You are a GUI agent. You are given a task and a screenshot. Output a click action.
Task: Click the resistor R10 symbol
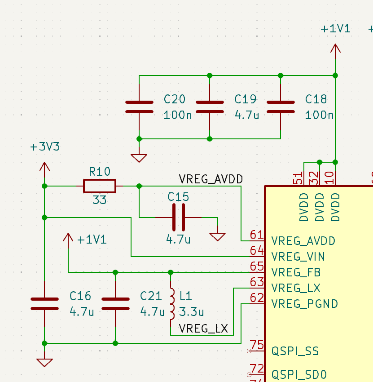pos(99,186)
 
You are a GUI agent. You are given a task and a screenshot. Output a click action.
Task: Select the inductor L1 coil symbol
pos(171,303)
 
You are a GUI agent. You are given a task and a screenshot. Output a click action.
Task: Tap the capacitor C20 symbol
pos(139,107)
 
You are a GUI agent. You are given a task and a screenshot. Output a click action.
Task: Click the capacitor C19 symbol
pos(210,107)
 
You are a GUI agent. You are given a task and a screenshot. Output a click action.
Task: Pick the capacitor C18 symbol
pos(281,107)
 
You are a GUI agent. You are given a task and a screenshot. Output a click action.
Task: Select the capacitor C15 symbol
pos(178,218)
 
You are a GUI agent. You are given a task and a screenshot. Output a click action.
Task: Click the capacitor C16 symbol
pos(44,304)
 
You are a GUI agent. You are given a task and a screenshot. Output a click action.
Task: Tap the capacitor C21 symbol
pos(115,304)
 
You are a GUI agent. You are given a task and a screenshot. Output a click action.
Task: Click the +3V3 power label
pos(44,147)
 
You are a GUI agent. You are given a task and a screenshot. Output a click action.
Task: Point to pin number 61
pos(256,235)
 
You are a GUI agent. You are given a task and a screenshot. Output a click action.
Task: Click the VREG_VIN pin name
pos(298,257)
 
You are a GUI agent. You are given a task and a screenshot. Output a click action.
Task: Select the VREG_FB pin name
pos(296,272)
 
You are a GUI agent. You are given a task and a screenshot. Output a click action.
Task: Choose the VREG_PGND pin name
pos(304,304)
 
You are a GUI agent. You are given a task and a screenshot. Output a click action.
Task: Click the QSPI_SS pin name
pos(295,351)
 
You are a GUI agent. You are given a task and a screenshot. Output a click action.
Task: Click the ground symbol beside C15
pos(218,235)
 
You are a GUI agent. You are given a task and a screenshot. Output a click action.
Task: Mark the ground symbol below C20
pos(139,157)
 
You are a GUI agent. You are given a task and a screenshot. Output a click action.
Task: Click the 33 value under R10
pos(99,200)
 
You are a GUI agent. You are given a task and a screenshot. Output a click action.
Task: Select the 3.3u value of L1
pos(192,311)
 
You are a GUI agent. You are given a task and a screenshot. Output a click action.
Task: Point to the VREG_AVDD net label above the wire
pos(211,179)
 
